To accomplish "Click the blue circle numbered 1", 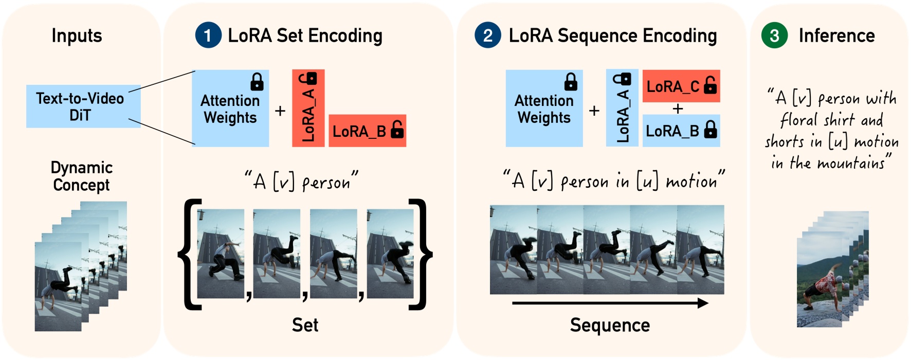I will [x=208, y=35].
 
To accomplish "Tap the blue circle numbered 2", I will [x=487, y=35].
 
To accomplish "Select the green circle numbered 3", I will [x=774, y=35].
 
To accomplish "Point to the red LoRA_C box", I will [x=681, y=86].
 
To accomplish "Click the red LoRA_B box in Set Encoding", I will [x=367, y=131].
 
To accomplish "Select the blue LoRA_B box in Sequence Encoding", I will [x=681, y=131].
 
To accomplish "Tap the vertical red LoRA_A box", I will [x=308, y=108].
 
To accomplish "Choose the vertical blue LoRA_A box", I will [x=622, y=108].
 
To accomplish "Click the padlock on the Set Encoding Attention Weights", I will [x=257, y=82].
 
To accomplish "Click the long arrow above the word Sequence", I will [x=610, y=303].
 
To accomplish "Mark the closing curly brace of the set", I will [x=421, y=255].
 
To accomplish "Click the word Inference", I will [x=836, y=35].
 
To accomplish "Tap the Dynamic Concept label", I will [x=81, y=176].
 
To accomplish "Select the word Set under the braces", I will [x=305, y=325].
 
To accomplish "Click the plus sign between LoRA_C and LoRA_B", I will [x=678, y=109].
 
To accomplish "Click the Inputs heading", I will [x=77, y=35].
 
